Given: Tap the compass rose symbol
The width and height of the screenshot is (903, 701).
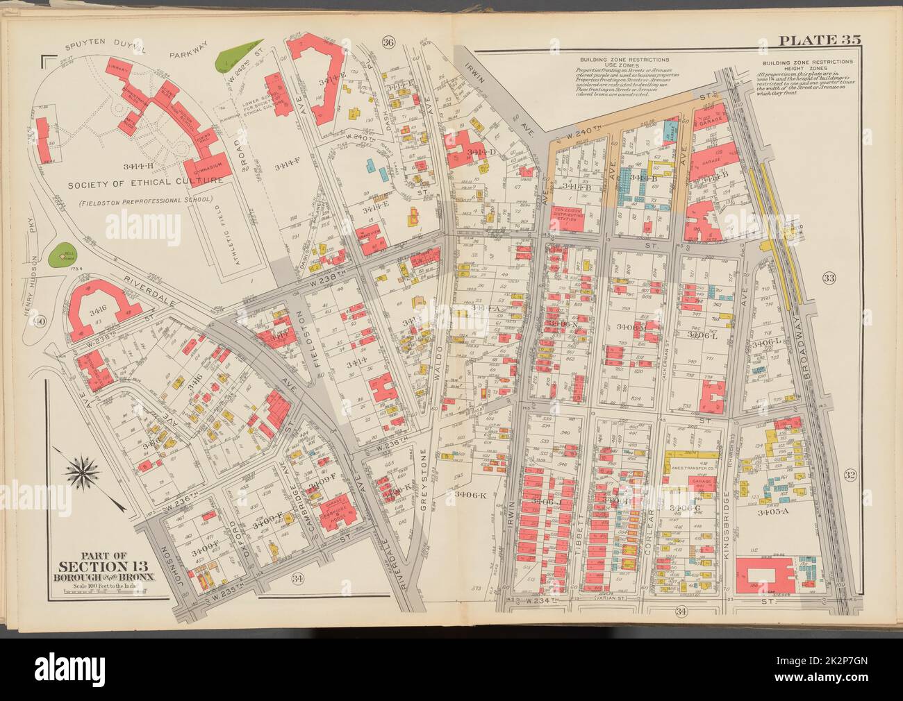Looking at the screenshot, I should point(81,475).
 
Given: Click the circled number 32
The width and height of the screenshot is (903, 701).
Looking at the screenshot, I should point(850,475).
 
